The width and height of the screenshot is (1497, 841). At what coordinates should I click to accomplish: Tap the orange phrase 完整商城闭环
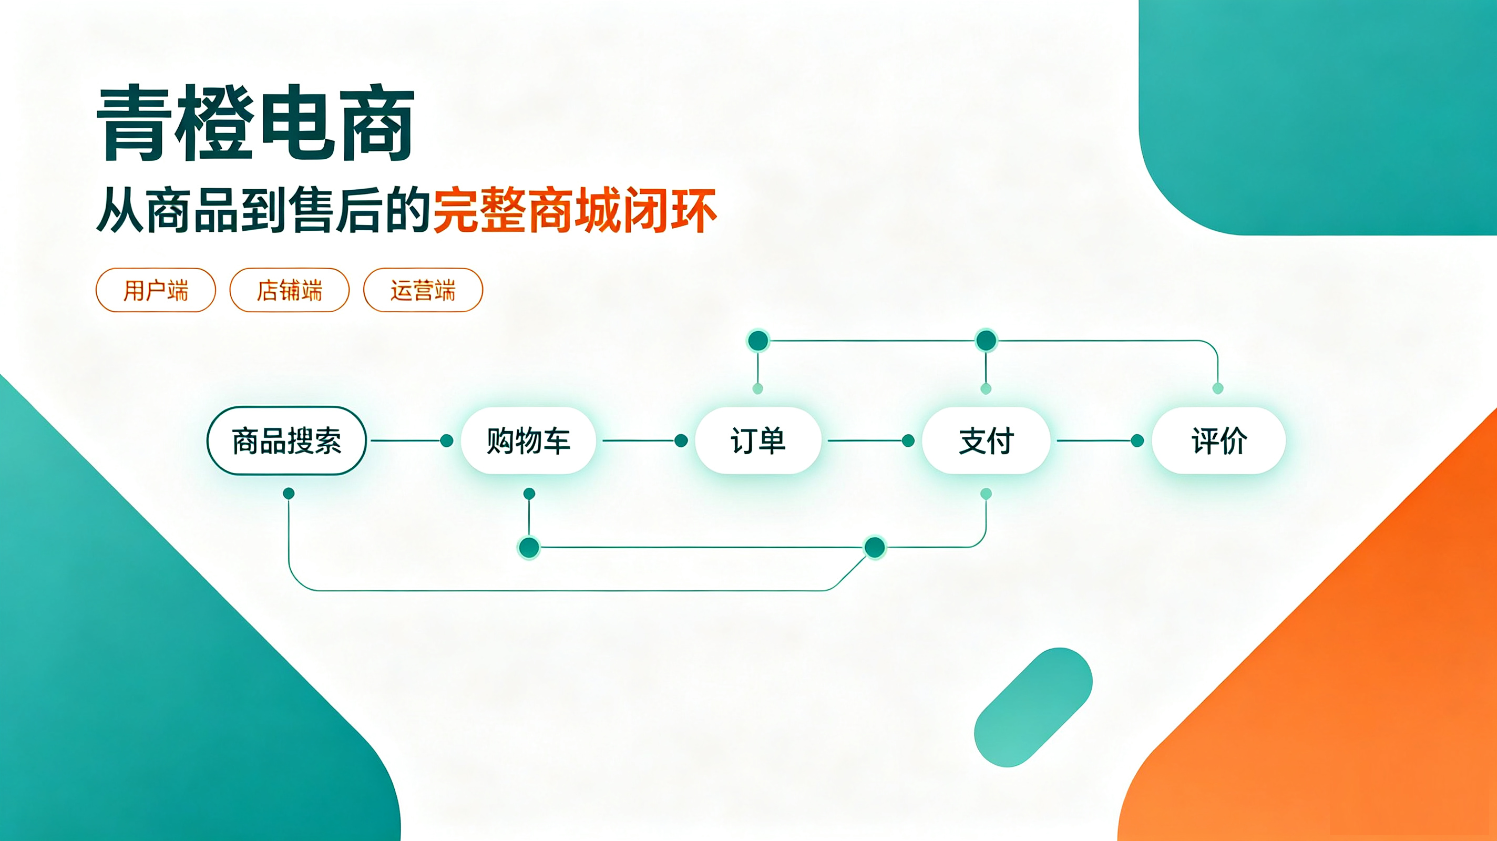click(575, 210)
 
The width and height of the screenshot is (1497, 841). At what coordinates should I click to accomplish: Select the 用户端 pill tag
click(156, 290)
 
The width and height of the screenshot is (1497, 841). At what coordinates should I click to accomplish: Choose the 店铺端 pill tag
click(290, 290)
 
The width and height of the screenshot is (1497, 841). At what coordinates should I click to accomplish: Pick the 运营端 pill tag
click(423, 290)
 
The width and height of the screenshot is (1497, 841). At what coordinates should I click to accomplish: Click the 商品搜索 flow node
click(286, 440)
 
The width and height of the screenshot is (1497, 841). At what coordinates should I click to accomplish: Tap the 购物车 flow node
click(528, 440)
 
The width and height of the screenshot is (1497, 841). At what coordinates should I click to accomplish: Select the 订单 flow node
click(758, 440)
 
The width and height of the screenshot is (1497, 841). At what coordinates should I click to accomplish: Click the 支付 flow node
click(986, 440)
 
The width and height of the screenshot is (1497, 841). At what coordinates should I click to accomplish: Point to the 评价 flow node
click(1218, 440)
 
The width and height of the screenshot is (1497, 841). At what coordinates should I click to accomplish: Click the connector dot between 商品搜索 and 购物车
click(447, 440)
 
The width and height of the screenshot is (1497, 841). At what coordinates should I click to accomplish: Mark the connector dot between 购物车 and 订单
click(681, 440)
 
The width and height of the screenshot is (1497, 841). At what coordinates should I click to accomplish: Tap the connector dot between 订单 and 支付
click(908, 440)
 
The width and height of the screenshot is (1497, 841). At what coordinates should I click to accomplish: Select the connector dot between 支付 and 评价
click(1138, 440)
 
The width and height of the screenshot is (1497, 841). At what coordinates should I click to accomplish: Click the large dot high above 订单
click(758, 341)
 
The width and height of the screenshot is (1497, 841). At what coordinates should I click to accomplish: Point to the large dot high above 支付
click(986, 341)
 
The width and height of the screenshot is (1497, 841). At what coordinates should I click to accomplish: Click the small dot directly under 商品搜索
click(289, 494)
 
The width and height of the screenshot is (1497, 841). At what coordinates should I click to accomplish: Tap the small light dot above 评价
click(1218, 388)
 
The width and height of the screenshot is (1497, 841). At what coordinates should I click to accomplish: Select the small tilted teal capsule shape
click(1033, 707)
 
